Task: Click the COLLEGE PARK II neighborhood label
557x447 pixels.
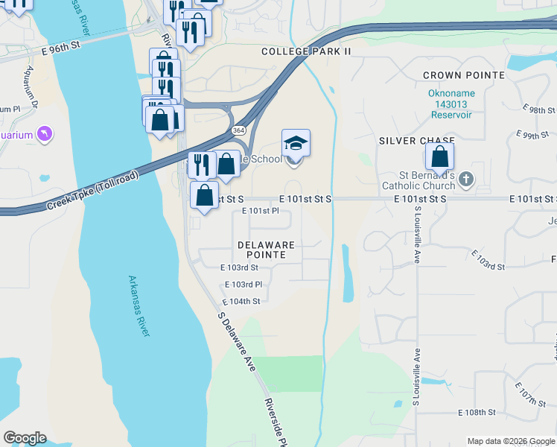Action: pos(305,51)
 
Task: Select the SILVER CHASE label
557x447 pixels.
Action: pos(412,140)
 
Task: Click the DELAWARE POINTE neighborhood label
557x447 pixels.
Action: pos(266,250)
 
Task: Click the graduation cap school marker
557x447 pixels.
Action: pos(296,143)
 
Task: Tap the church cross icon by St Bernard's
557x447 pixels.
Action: pos(466,179)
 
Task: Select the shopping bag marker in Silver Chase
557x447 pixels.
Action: pos(439,156)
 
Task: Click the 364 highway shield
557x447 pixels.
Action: pos(238,130)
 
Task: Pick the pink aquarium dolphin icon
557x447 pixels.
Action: pos(44,134)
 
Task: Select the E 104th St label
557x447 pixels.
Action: pos(241,301)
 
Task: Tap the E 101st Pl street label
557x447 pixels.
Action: pos(261,212)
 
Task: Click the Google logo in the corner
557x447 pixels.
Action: pos(25,438)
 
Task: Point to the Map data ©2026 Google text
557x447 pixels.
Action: pos(510,441)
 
